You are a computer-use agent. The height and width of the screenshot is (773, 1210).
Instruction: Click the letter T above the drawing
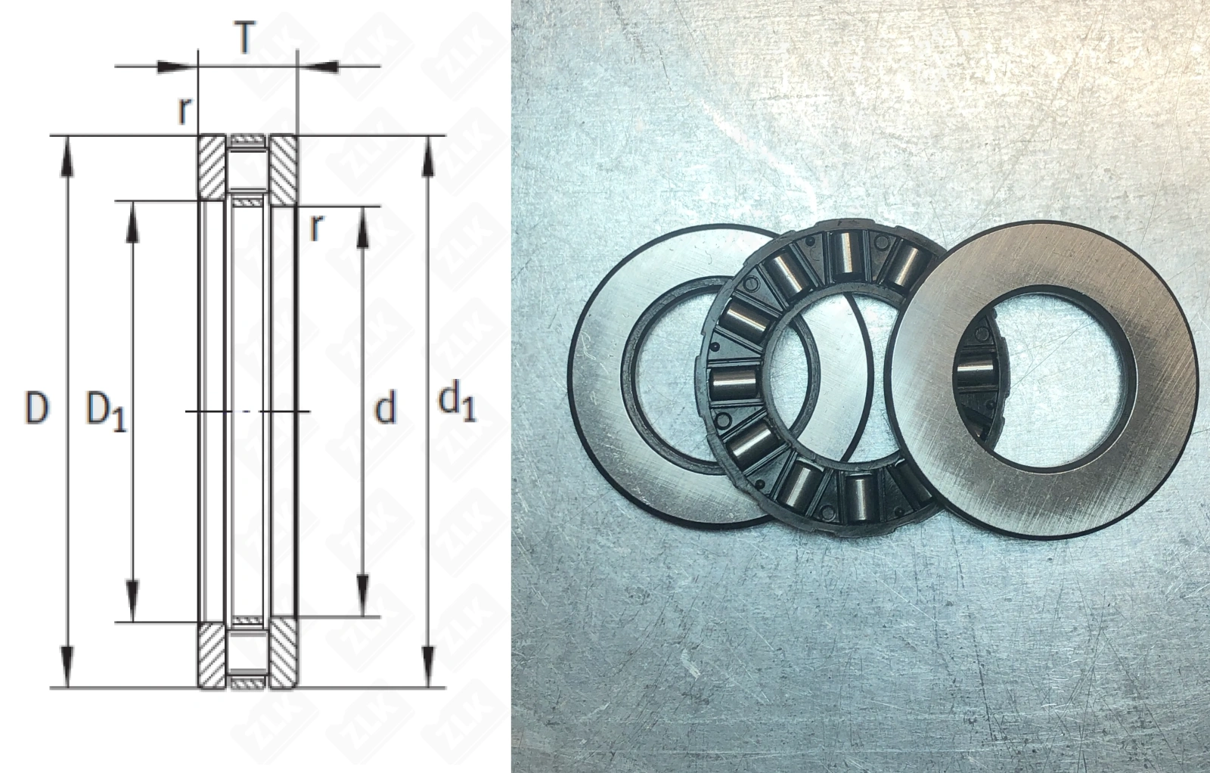[245, 38]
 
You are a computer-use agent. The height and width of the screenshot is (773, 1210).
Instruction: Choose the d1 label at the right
[457, 403]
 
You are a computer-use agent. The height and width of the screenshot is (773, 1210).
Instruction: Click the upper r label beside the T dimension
[185, 111]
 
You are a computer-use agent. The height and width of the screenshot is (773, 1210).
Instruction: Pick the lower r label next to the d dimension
[316, 227]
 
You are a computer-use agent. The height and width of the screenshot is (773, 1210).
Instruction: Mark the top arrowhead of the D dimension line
[67, 156]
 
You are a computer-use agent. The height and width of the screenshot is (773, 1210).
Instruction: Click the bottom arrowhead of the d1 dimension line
[428, 666]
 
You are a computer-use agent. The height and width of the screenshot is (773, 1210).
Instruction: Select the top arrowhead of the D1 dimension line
[132, 222]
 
